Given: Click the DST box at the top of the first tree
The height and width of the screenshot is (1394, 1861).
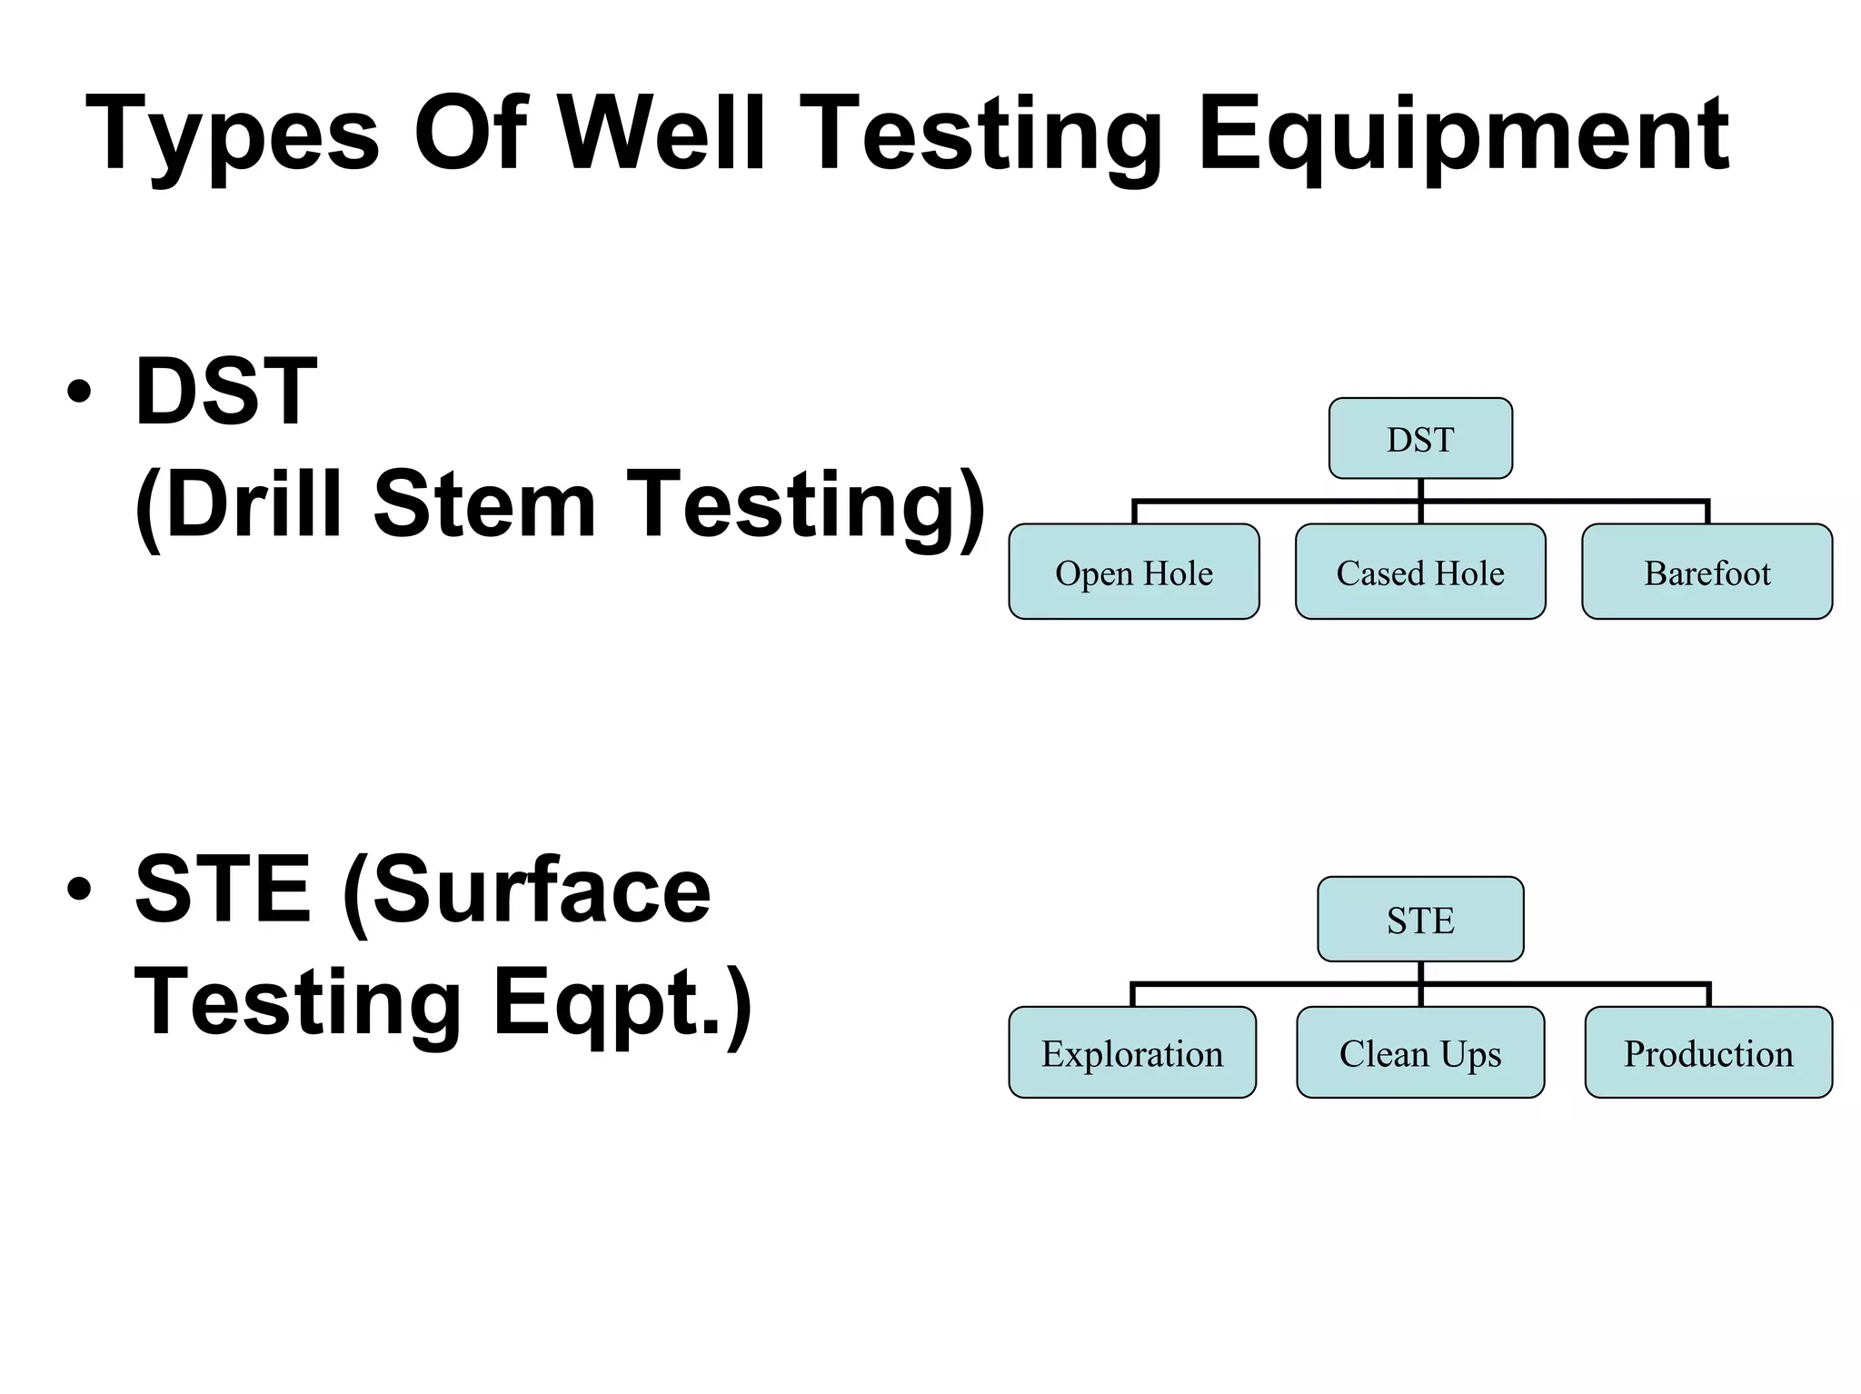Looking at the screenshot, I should pos(1420,439).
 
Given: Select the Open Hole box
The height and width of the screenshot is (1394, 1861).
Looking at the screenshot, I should pos(1133,573).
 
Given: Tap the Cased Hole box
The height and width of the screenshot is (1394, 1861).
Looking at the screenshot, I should pos(1420,573).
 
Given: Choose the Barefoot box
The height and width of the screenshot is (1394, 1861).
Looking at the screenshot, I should pos(1707,573).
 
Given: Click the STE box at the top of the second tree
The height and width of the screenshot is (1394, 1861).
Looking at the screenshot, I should pos(1420,920).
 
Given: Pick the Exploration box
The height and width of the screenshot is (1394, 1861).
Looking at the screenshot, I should pos(1132,1053).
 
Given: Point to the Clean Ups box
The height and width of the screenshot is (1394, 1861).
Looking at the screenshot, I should pos(1420,1053).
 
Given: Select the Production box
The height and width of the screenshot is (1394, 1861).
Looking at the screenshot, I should pos(1708,1053).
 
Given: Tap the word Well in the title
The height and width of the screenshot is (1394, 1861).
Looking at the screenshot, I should pos(662,134).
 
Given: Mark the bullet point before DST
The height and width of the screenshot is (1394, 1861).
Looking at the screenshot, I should pos(79,393).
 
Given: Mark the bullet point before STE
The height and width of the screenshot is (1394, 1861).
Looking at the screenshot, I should pos(79,890).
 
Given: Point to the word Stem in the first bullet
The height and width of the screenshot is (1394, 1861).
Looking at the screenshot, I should pos(483,504).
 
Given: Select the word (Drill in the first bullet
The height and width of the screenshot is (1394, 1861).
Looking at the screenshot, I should pos(241,504).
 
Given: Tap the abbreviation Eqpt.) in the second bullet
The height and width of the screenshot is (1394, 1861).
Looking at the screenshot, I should pos(622,1003).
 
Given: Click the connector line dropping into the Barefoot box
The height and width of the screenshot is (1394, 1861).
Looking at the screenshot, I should pos(1707,513).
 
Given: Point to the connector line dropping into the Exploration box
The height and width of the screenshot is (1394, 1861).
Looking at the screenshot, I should pos(1132,995).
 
